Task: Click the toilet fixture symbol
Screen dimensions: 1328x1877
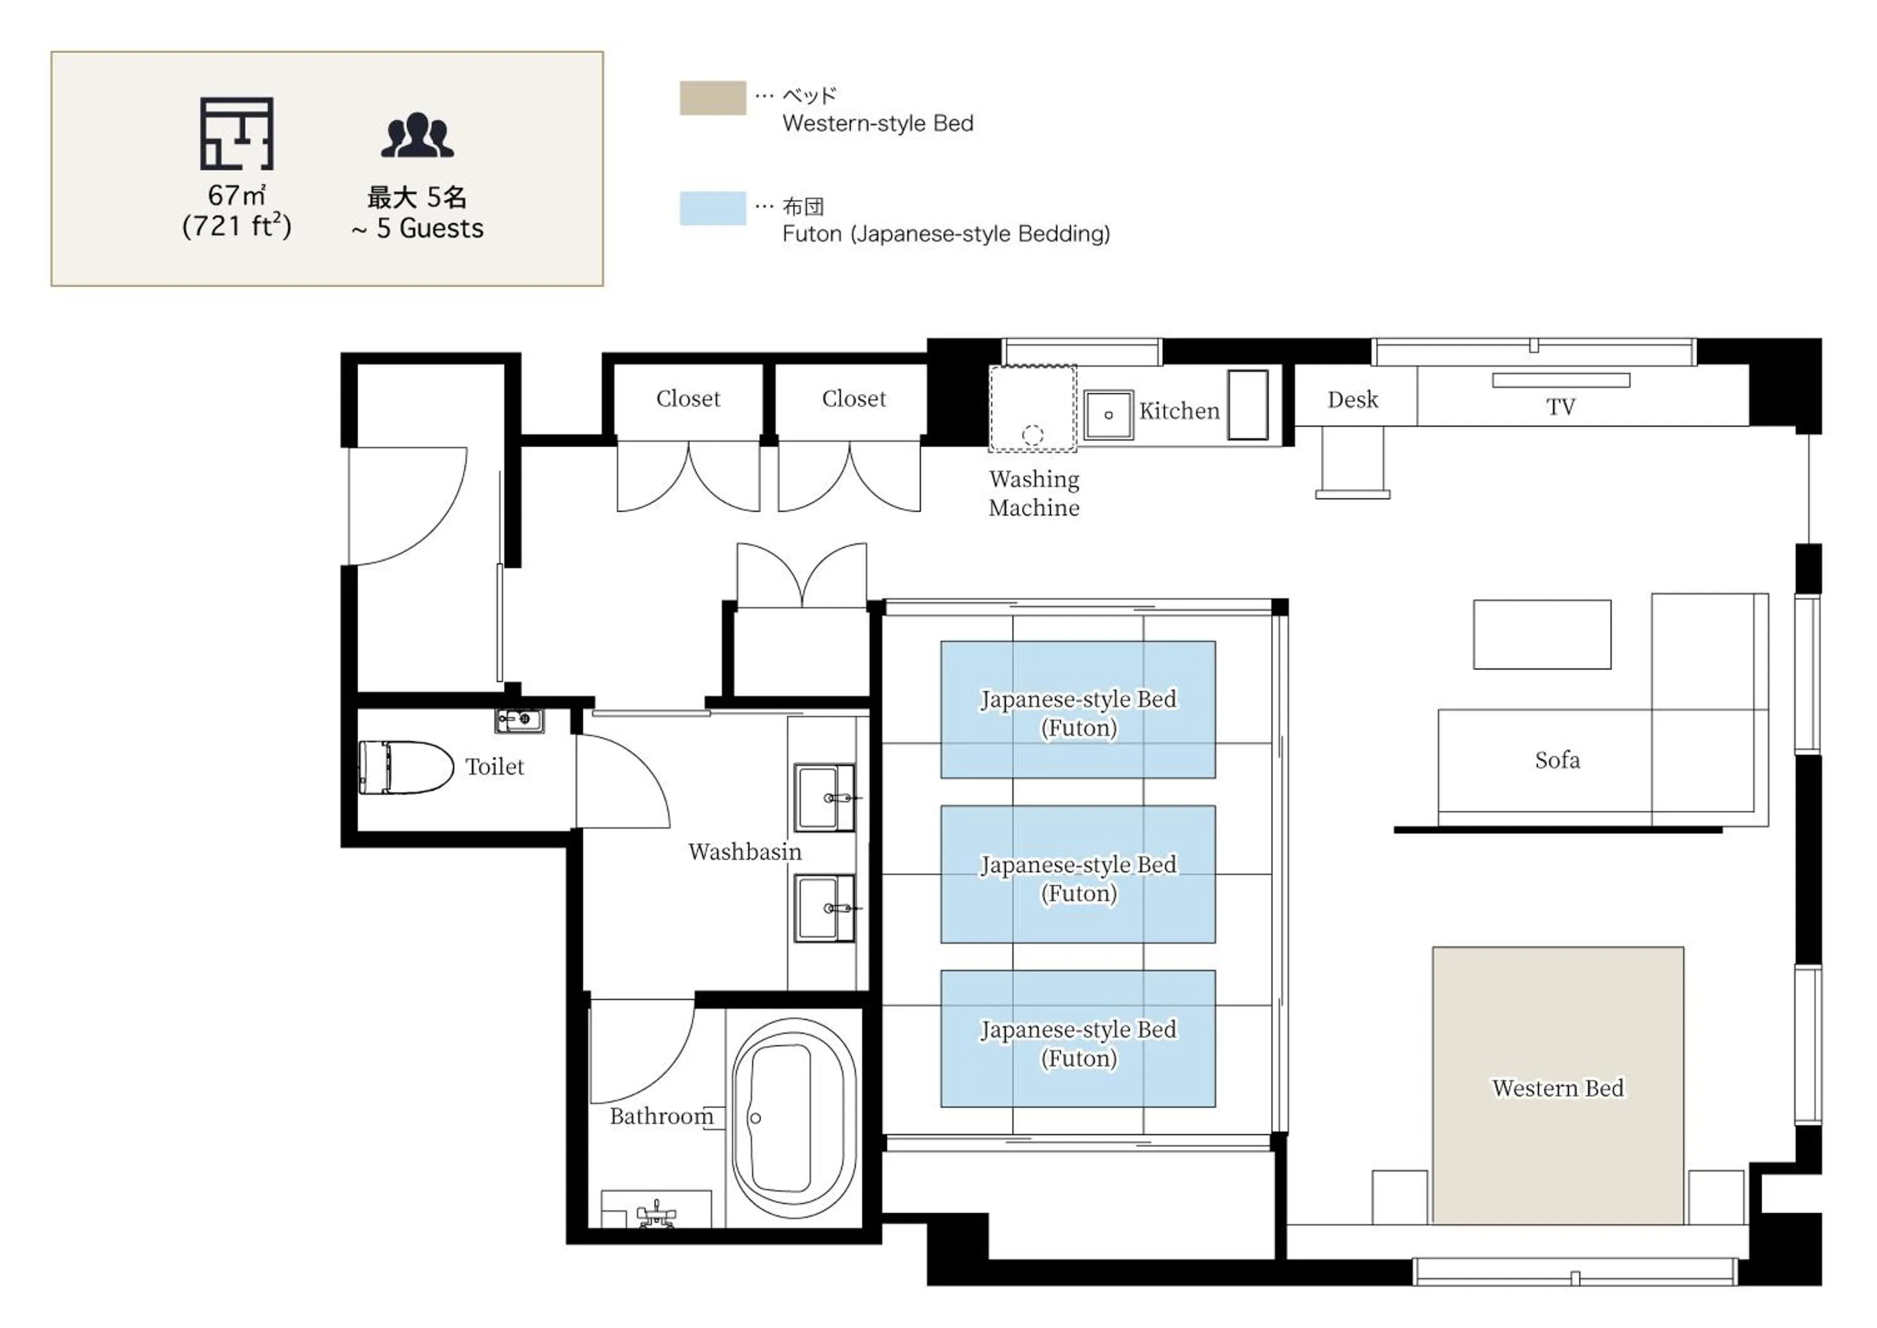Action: [x=405, y=767]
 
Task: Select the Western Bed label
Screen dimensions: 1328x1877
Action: [x=1557, y=1088]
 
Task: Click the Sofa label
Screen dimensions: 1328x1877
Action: [x=1557, y=760]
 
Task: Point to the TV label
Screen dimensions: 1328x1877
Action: [x=1560, y=406]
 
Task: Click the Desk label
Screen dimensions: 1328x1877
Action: [x=1352, y=399]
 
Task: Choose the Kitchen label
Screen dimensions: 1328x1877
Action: [x=1179, y=411]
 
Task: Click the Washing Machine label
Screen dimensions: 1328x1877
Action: [x=1034, y=493]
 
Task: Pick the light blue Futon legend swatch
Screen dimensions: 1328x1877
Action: [x=712, y=208]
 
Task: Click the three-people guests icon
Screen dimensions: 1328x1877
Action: [x=417, y=135]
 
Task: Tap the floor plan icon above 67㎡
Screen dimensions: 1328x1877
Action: [x=237, y=133]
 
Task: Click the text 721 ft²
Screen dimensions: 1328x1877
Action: [x=237, y=227]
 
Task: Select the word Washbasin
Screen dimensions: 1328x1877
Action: [x=744, y=851]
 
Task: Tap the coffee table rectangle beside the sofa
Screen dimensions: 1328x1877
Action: [x=1542, y=634]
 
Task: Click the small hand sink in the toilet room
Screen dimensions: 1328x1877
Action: [x=519, y=720]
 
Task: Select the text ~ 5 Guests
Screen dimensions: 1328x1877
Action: [x=418, y=228]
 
